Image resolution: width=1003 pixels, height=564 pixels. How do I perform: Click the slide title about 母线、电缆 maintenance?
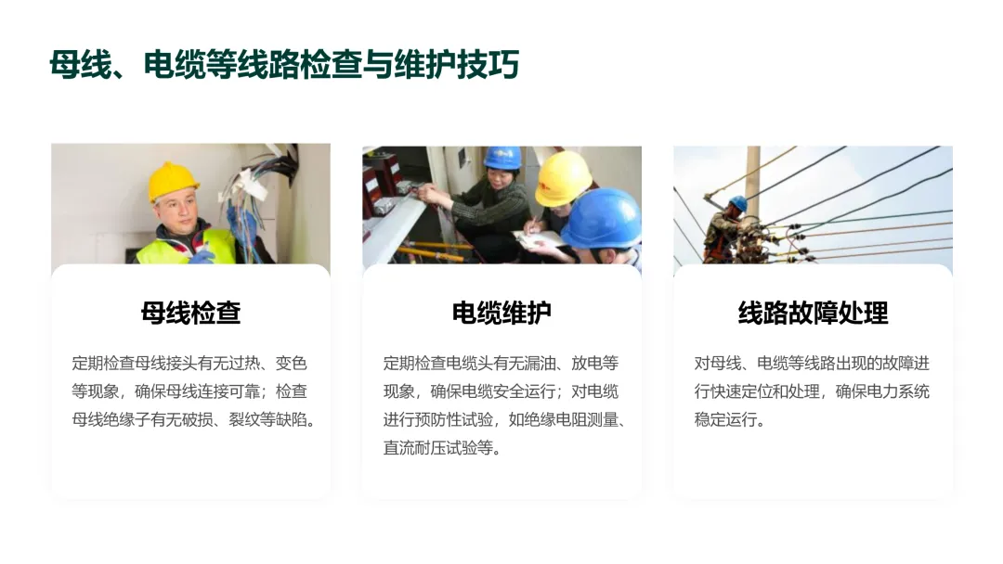tap(284, 65)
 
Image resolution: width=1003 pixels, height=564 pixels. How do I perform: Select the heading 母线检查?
tap(190, 313)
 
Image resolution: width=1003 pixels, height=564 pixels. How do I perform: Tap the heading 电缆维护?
tap(501, 313)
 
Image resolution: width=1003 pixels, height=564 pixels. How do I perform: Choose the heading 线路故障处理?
tap(813, 313)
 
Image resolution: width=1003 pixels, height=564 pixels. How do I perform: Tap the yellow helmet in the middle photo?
tap(563, 179)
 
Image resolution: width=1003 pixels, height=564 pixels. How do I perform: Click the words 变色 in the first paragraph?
tap(291, 364)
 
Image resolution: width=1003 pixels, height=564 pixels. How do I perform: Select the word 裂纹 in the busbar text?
tap(244, 419)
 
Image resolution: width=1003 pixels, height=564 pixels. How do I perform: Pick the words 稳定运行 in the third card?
tap(725, 419)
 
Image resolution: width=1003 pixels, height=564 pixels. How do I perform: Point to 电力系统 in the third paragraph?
tap(898, 391)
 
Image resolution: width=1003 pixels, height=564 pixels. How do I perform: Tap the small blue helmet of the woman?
tap(502, 157)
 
